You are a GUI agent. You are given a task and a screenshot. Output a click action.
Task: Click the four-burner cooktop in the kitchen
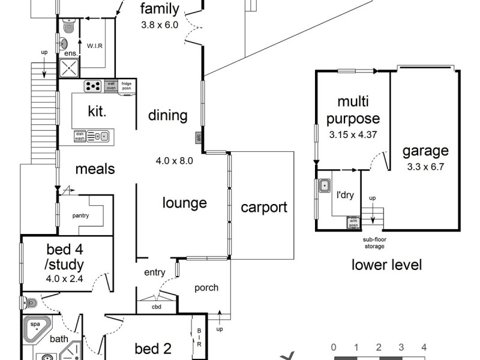point(93,86)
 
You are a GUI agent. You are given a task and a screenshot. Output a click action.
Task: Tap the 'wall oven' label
point(111,86)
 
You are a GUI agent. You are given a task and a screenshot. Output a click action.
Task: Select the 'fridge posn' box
point(127,86)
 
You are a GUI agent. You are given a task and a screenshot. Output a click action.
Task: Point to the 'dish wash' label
point(80,136)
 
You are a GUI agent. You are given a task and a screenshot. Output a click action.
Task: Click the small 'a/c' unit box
point(198,137)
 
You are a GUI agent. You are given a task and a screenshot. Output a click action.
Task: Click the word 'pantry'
point(81,215)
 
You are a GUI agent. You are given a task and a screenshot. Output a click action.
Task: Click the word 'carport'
point(264,208)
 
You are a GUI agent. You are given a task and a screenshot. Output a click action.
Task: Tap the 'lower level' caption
point(386,265)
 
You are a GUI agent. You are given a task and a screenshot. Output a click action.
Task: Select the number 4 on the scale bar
point(424,347)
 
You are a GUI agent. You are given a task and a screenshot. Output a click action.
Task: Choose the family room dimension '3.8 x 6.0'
point(160,25)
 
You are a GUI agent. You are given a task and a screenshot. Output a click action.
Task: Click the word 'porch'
point(206,287)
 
